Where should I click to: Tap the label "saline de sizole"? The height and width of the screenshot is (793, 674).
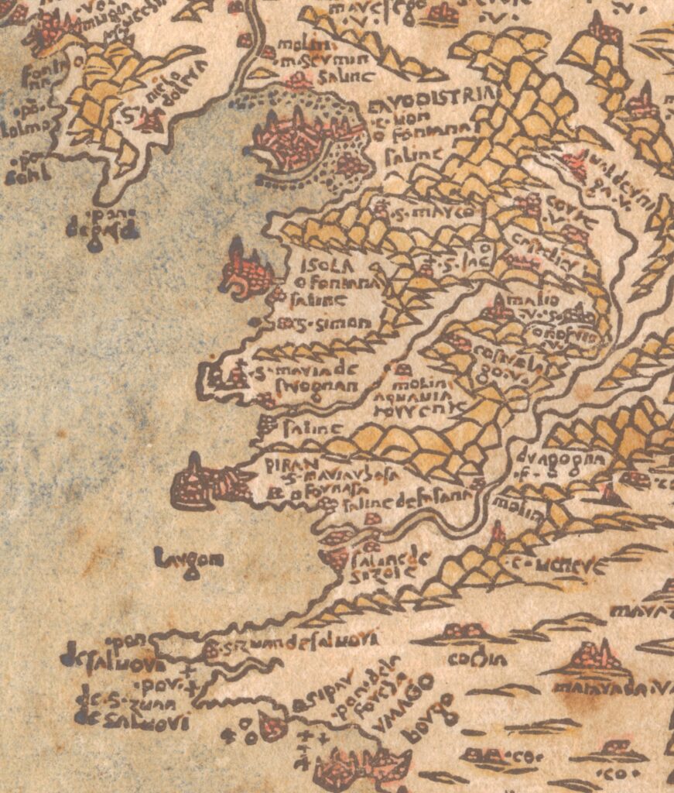pos(381,563)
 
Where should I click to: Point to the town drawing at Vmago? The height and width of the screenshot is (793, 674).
pos(356,767)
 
